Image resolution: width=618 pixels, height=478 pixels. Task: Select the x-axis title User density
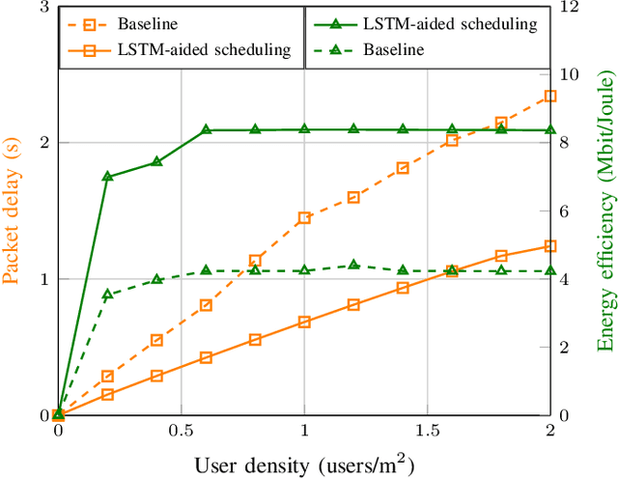304,464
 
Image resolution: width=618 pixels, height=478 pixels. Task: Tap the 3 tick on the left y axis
44,7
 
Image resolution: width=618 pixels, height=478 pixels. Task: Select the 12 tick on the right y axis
571,7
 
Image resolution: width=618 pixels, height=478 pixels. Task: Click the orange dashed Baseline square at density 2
550,97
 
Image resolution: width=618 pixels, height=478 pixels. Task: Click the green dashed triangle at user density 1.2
353,265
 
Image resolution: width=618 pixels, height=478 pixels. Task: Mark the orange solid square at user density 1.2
353,304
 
